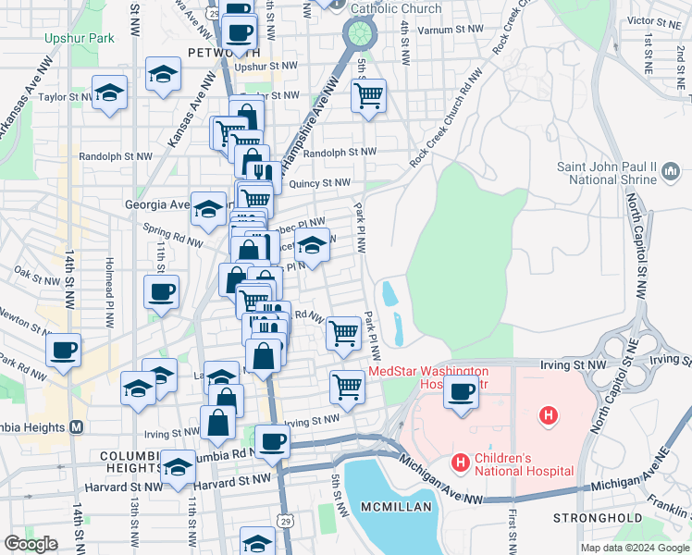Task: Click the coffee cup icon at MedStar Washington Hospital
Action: [x=459, y=391]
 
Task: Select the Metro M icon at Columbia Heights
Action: [x=77, y=426]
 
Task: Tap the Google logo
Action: [x=31, y=543]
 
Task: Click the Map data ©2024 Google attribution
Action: [x=635, y=548]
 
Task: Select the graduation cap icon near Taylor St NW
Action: [x=109, y=93]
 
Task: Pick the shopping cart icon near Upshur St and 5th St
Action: [x=368, y=94]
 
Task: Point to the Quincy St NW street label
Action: [x=319, y=184]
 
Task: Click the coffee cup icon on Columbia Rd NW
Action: [x=271, y=441]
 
